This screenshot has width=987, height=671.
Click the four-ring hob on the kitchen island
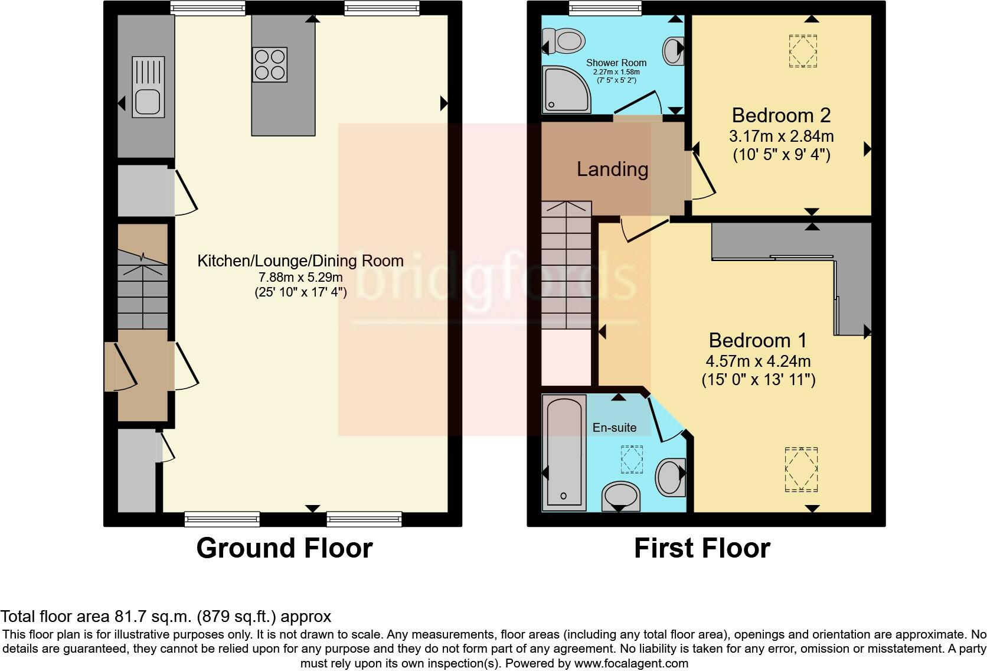click(x=270, y=64)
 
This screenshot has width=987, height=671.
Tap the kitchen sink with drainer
click(x=148, y=87)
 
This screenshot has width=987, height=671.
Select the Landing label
click(x=612, y=170)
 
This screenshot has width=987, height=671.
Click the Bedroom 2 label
click(x=781, y=115)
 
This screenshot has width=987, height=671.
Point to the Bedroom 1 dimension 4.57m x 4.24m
click(x=758, y=361)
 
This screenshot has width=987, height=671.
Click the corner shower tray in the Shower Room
click(x=565, y=90)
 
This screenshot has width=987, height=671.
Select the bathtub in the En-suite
click(x=564, y=452)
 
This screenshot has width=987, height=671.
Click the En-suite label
click(x=615, y=428)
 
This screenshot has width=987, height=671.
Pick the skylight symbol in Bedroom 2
click(x=803, y=51)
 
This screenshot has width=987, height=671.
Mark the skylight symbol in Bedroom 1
click(x=801, y=469)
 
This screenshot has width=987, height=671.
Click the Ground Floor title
click(x=284, y=548)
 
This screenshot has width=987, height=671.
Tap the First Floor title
click(x=702, y=548)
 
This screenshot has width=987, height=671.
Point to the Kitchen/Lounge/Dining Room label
click(x=300, y=261)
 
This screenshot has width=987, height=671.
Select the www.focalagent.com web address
click(x=631, y=663)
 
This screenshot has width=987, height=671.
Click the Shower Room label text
click(x=616, y=63)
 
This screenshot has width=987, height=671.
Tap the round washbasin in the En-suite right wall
click(x=670, y=476)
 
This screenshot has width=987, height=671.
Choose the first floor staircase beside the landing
click(x=566, y=266)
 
